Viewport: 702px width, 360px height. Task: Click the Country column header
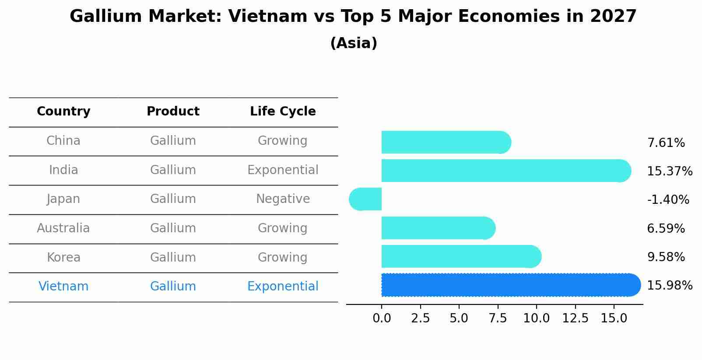[x=63, y=112]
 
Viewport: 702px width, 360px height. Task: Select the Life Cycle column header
[x=283, y=112]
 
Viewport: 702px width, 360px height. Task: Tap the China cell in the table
[x=63, y=141]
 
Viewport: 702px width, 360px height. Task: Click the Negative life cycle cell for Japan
[x=283, y=199]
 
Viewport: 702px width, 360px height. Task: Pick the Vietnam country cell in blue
[x=63, y=287]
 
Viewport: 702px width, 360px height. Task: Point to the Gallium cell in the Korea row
[x=173, y=257]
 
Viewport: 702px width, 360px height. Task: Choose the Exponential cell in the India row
[x=283, y=170]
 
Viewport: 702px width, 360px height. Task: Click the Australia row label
[x=63, y=228]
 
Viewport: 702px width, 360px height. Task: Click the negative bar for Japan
[x=366, y=199]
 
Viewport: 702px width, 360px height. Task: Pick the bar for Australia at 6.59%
[x=438, y=228]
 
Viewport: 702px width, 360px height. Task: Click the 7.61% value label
[x=666, y=143]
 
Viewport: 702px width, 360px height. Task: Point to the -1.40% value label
[x=668, y=200]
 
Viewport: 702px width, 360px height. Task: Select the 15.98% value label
[x=670, y=286]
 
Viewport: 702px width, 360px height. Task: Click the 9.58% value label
[x=666, y=257]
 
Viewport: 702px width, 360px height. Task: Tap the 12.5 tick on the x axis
[x=575, y=318]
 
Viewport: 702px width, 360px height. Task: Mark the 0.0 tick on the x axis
[x=382, y=318]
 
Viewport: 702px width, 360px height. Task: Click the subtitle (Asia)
[x=354, y=43]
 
